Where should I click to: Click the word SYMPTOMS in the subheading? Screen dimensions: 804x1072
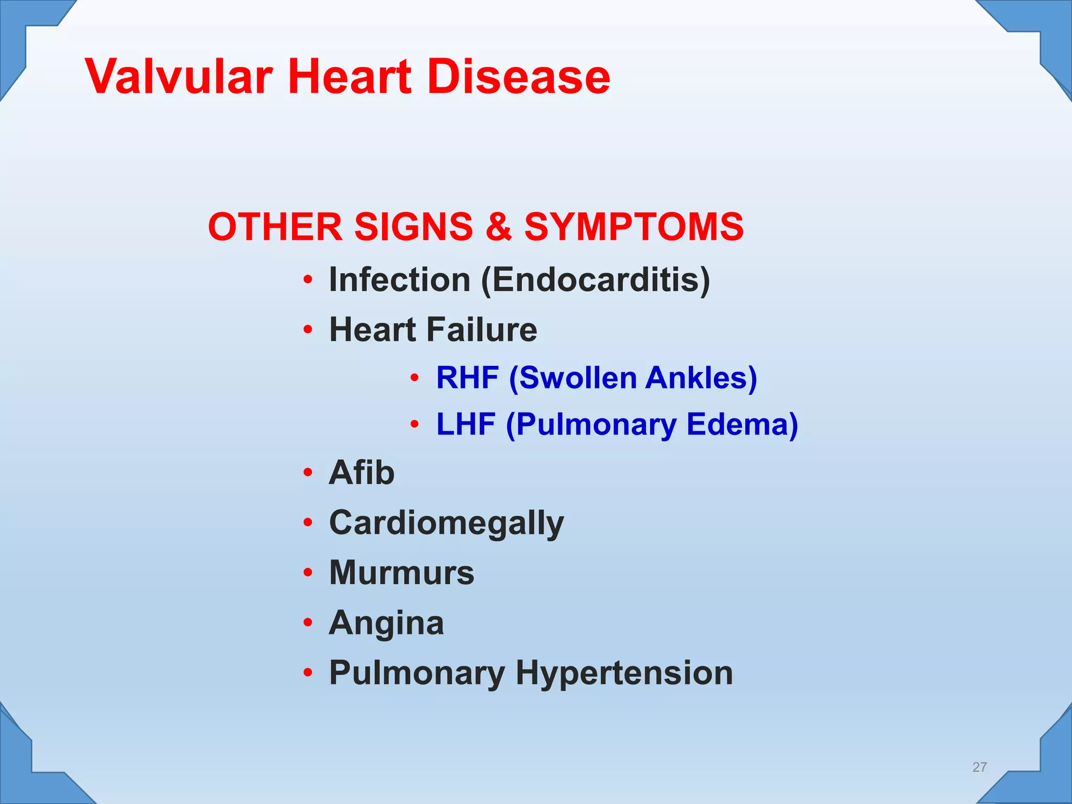(x=634, y=227)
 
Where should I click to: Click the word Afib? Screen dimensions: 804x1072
(x=362, y=473)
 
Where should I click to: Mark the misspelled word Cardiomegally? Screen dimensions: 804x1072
(x=446, y=523)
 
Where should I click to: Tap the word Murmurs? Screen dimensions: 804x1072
(x=401, y=573)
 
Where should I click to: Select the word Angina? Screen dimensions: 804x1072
(x=386, y=623)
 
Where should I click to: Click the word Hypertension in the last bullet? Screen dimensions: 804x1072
(x=624, y=673)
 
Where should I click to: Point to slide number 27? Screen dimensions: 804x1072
(x=979, y=767)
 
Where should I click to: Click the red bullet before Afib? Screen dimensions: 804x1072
(x=308, y=473)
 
